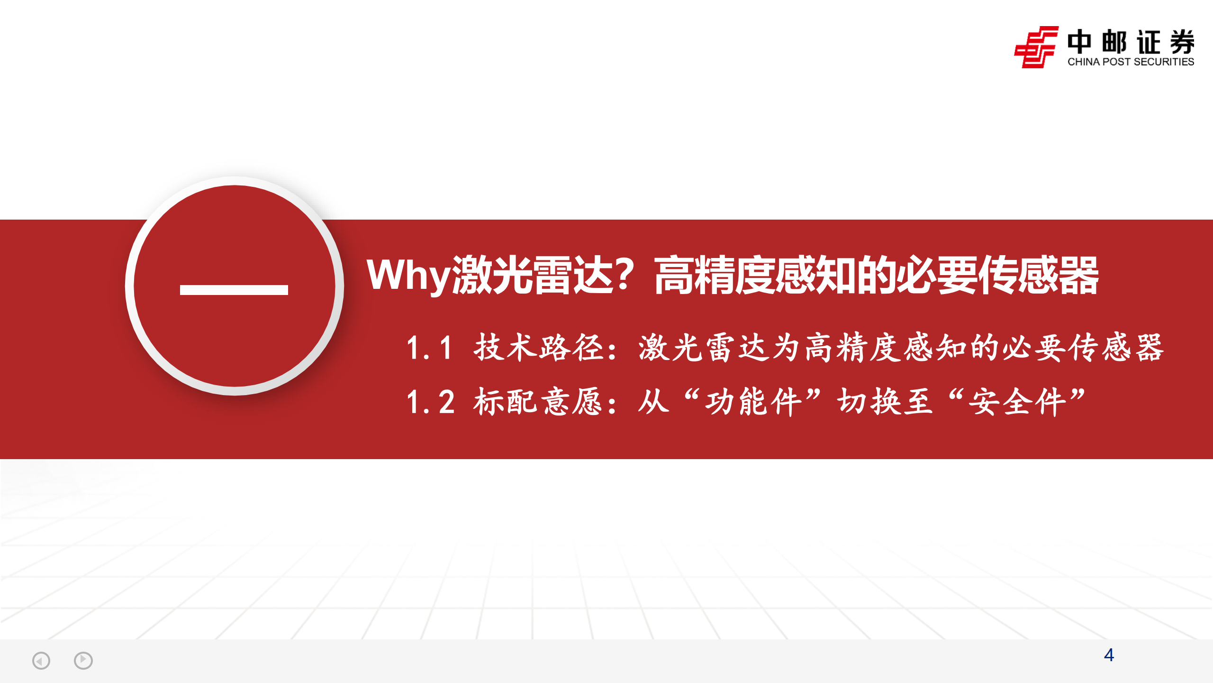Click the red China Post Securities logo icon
pos(1036,47)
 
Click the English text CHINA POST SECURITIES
pos(1131,62)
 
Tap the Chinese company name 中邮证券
pos(1131,42)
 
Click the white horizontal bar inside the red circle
pos(234,290)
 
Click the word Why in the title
pos(408,275)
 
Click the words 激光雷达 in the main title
pos(533,275)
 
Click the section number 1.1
pos(429,348)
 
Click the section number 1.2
pos(430,402)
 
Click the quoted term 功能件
pos(753,402)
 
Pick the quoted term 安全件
pos(1017,402)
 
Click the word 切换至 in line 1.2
pos(884,402)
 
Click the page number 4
pos(1109,655)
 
